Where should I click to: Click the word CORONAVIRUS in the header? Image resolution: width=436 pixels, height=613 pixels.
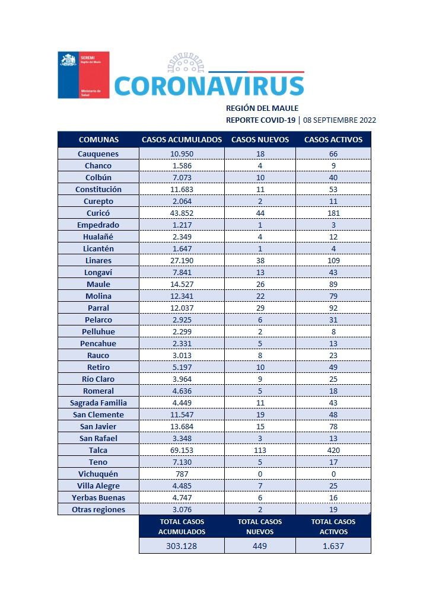[x=209, y=86]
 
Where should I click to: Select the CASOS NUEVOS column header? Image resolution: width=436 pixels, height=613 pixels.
[x=260, y=140]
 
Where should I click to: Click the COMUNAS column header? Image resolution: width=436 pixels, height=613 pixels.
[x=98, y=140]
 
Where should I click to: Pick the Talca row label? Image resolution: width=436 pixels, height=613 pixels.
[x=98, y=450]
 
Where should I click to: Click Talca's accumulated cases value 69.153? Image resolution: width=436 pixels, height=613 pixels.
[x=182, y=450]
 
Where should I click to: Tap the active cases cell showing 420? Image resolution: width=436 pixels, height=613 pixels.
[x=333, y=450]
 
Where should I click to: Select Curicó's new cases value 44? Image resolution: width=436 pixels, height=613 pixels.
[x=260, y=213]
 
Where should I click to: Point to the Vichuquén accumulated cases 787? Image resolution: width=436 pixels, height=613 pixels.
[x=182, y=474]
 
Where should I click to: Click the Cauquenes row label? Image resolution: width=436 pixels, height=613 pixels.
[x=98, y=154]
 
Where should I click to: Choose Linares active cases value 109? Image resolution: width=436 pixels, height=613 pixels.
[x=333, y=260]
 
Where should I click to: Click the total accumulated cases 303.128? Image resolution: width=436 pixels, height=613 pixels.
[x=182, y=546]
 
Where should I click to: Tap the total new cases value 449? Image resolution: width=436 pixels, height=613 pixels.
[x=260, y=546]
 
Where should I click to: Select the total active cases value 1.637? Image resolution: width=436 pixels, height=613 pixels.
[x=333, y=546]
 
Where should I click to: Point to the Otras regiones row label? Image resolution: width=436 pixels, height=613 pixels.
[x=98, y=509]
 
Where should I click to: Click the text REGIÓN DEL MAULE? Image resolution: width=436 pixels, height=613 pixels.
[x=262, y=108]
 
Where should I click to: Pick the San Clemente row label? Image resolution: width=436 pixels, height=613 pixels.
[x=98, y=414]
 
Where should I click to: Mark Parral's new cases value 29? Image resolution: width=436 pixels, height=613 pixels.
[x=260, y=308]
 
